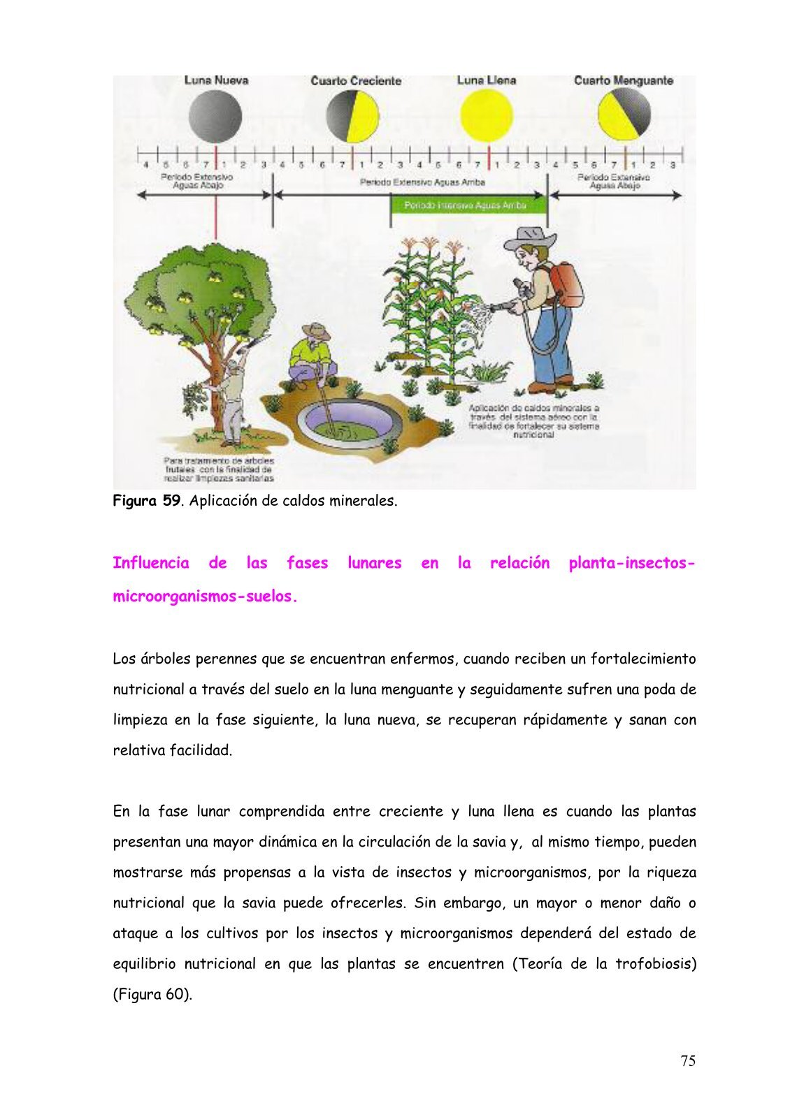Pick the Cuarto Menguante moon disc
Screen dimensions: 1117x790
pyautogui.click(x=624, y=115)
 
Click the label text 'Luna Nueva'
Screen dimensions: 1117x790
pyautogui.click(x=216, y=80)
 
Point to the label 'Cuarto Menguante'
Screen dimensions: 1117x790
pyautogui.click(x=623, y=81)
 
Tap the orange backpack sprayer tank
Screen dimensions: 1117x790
pyautogui.click(x=566, y=284)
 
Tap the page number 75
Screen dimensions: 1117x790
pyautogui.click(x=688, y=1061)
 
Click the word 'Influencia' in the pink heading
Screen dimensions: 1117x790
pyautogui.click(x=151, y=563)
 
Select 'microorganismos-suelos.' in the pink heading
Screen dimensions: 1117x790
pyautogui.click(x=206, y=597)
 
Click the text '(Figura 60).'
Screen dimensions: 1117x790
pyautogui.click(x=152, y=994)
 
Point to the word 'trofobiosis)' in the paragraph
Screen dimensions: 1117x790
pyautogui.click(x=656, y=964)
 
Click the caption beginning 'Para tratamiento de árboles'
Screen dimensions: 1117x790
pyautogui.click(x=219, y=470)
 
